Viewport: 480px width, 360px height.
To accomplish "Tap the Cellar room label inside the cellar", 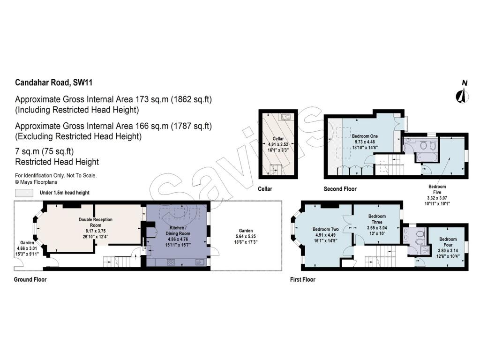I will pos(279,139).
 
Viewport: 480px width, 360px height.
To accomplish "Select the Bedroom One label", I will pos(365,136).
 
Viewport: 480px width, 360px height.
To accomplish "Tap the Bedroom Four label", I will pos(448,239).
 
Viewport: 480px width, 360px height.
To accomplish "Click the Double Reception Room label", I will pos(95,222).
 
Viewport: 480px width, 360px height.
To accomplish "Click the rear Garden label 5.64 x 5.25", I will pos(246,231).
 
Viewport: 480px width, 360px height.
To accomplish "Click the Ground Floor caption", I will pos(30,279).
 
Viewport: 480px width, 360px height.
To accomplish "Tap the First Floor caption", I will pos(302,279).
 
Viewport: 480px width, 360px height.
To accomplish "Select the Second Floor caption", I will pos(340,189).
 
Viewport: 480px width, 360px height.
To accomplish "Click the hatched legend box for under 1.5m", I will pos(24,193).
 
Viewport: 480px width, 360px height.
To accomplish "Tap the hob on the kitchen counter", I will pos(172,262).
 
